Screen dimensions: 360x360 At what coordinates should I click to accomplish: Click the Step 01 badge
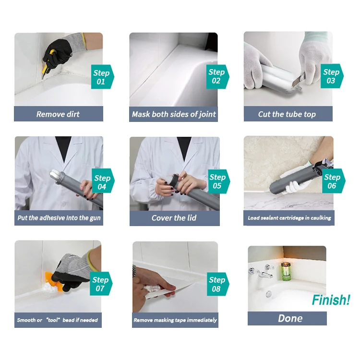(x=101, y=77)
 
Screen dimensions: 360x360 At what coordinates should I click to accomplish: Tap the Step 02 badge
(x=217, y=76)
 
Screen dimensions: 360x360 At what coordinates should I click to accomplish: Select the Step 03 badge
(x=331, y=76)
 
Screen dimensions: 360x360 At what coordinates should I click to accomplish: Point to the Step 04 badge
(x=102, y=182)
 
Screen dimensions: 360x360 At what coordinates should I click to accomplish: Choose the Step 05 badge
(x=217, y=181)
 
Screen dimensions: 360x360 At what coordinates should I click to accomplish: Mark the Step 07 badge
(x=101, y=284)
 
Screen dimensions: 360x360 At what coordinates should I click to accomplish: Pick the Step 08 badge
(x=217, y=284)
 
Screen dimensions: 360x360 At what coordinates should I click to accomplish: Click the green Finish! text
(x=331, y=300)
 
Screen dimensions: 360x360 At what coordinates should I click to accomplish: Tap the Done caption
(x=287, y=318)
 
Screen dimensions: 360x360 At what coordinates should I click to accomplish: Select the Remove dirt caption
(x=58, y=114)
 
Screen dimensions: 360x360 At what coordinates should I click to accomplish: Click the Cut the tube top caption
(x=287, y=114)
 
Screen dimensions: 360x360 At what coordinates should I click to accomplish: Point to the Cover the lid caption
(x=174, y=218)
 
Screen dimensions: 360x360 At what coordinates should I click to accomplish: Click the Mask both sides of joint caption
(x=174, y=114)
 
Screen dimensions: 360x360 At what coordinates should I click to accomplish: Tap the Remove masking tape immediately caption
(x=175, y=320)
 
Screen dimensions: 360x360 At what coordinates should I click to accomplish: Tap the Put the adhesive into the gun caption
(x=60, y=218)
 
